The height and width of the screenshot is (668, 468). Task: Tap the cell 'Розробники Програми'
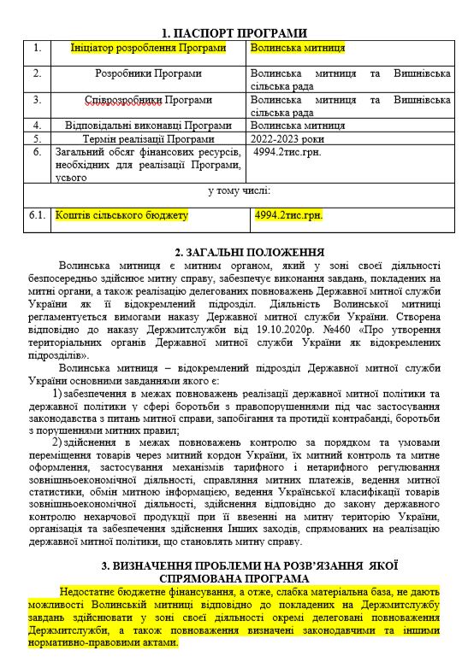coord(136,74)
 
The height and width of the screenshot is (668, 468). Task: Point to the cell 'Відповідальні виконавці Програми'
coord(136,125)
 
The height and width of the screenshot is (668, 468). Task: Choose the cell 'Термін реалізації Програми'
coord(136,138)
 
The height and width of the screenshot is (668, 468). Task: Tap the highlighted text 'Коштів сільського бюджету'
coord(121,215)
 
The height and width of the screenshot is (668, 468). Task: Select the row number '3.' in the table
coord(37,100)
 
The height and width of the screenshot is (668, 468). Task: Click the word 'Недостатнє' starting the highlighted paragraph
coord(90,591)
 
